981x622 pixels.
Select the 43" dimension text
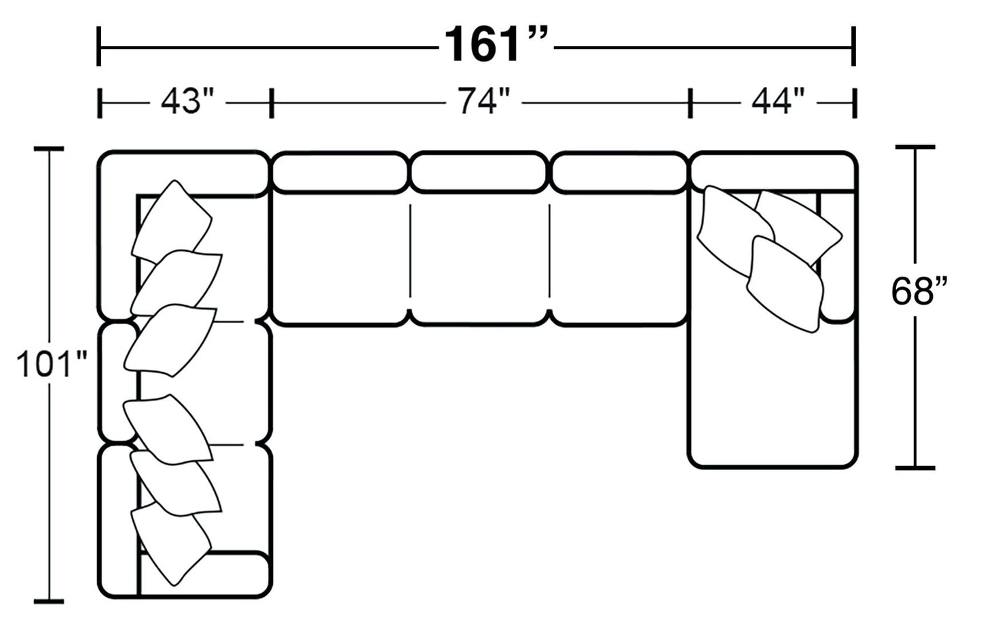(x=187, y=102)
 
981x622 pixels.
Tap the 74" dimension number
(x=483, y=102)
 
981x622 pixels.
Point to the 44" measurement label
(x=777, y=102)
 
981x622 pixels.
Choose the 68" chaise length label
(x=918, y=292)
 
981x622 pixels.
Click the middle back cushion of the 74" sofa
(x=479, y=172)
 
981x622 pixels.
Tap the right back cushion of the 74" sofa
(x=619, y=172)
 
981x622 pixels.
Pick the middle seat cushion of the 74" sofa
(x=479, y=258)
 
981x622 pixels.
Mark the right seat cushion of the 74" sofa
(x=619, y=258)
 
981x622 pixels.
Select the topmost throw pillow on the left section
(x=172, y=220)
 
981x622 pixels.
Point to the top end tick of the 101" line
(x=49, y=149)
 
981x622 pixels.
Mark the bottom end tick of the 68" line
(x=915, y=467)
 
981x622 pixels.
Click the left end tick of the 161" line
(x=100, y=47)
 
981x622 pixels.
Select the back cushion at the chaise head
(x=773, y=172)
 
